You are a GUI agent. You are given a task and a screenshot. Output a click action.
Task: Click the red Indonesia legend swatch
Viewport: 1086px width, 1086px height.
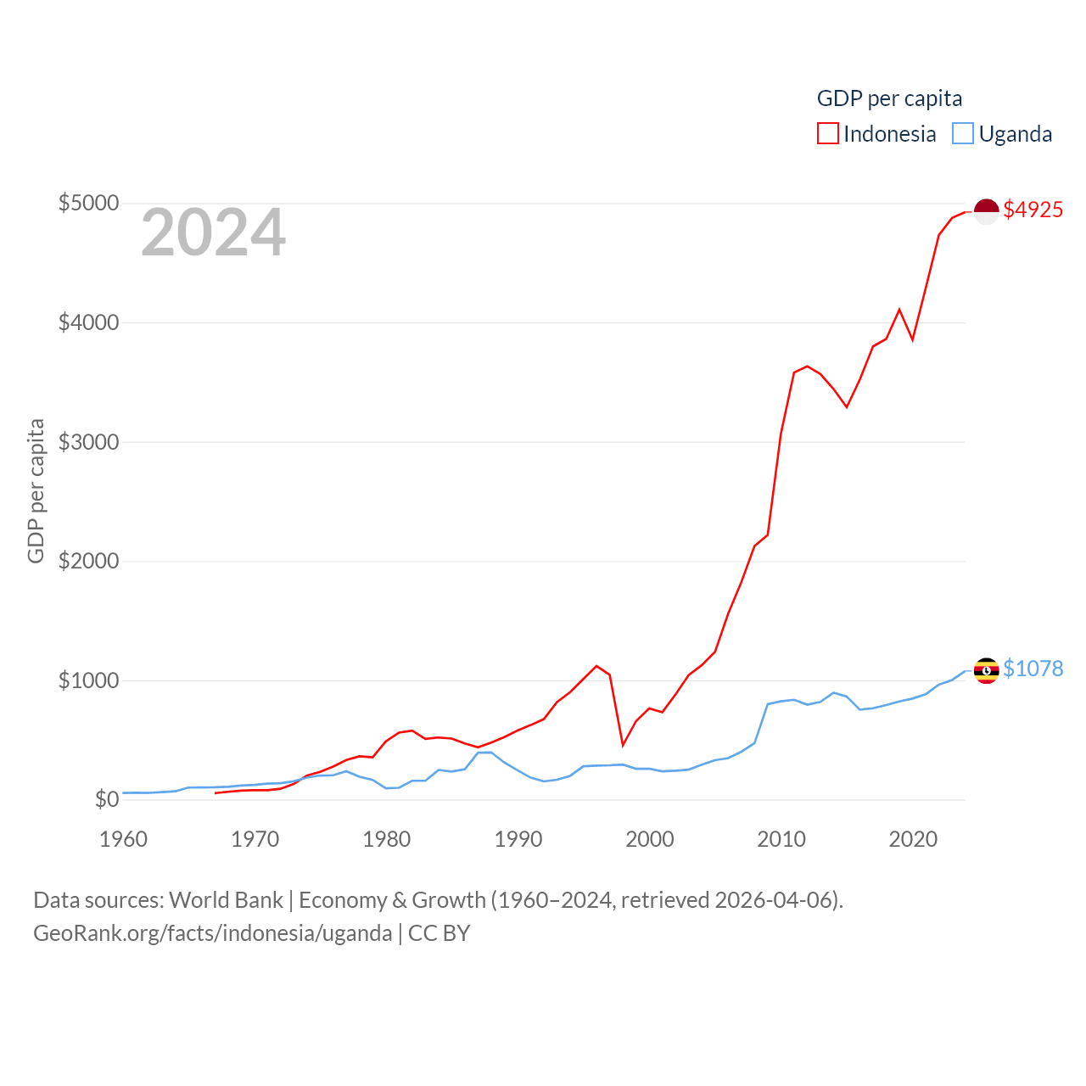click(827, 134)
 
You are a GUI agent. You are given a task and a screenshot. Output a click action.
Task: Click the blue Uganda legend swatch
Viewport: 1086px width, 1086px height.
click(962, 134)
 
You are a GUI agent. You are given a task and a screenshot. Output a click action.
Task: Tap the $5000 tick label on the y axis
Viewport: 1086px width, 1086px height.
click(88, 204)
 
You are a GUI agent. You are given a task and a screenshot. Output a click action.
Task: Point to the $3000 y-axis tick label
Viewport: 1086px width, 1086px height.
click(88, 442)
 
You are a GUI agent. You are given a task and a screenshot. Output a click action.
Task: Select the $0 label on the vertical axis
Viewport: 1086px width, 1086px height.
click(106, 799)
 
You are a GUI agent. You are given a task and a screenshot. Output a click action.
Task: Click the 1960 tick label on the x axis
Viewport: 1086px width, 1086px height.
click(124, 840)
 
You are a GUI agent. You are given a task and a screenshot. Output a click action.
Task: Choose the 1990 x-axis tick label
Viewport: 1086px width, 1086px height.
click(518, 840)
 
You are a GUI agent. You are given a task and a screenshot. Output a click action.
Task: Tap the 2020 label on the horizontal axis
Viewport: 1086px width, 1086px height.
click(913, 840)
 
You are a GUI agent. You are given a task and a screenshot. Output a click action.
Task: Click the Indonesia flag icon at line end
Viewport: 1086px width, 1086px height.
click(986, 211)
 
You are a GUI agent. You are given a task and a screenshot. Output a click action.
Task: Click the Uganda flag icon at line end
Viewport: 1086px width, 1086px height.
click(986, 670)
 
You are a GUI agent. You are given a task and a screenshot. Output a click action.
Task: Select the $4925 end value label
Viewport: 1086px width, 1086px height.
click(1033, 210)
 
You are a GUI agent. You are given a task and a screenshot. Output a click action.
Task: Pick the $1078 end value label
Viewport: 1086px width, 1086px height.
click(1033, 669)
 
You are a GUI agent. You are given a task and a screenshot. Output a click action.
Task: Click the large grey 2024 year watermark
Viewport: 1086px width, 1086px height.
click(213, 232)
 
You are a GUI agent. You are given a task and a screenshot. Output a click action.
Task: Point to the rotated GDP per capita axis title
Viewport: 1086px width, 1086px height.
click(36, 490)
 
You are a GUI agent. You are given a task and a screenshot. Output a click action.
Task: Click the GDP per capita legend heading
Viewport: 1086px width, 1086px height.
click(889, 98)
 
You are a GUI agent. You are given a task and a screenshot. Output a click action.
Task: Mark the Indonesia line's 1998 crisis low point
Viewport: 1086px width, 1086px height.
click(623, 745)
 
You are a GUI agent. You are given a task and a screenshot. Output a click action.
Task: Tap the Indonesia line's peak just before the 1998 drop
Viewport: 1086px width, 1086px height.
click(596, 666)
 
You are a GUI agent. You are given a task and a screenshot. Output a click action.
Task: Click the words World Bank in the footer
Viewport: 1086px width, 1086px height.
click(226, 900)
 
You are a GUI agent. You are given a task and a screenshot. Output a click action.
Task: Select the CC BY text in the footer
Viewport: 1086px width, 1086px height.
click(439, 933)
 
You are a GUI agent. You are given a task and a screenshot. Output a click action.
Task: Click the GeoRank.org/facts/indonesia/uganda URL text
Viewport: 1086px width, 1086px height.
click(212, 933)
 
